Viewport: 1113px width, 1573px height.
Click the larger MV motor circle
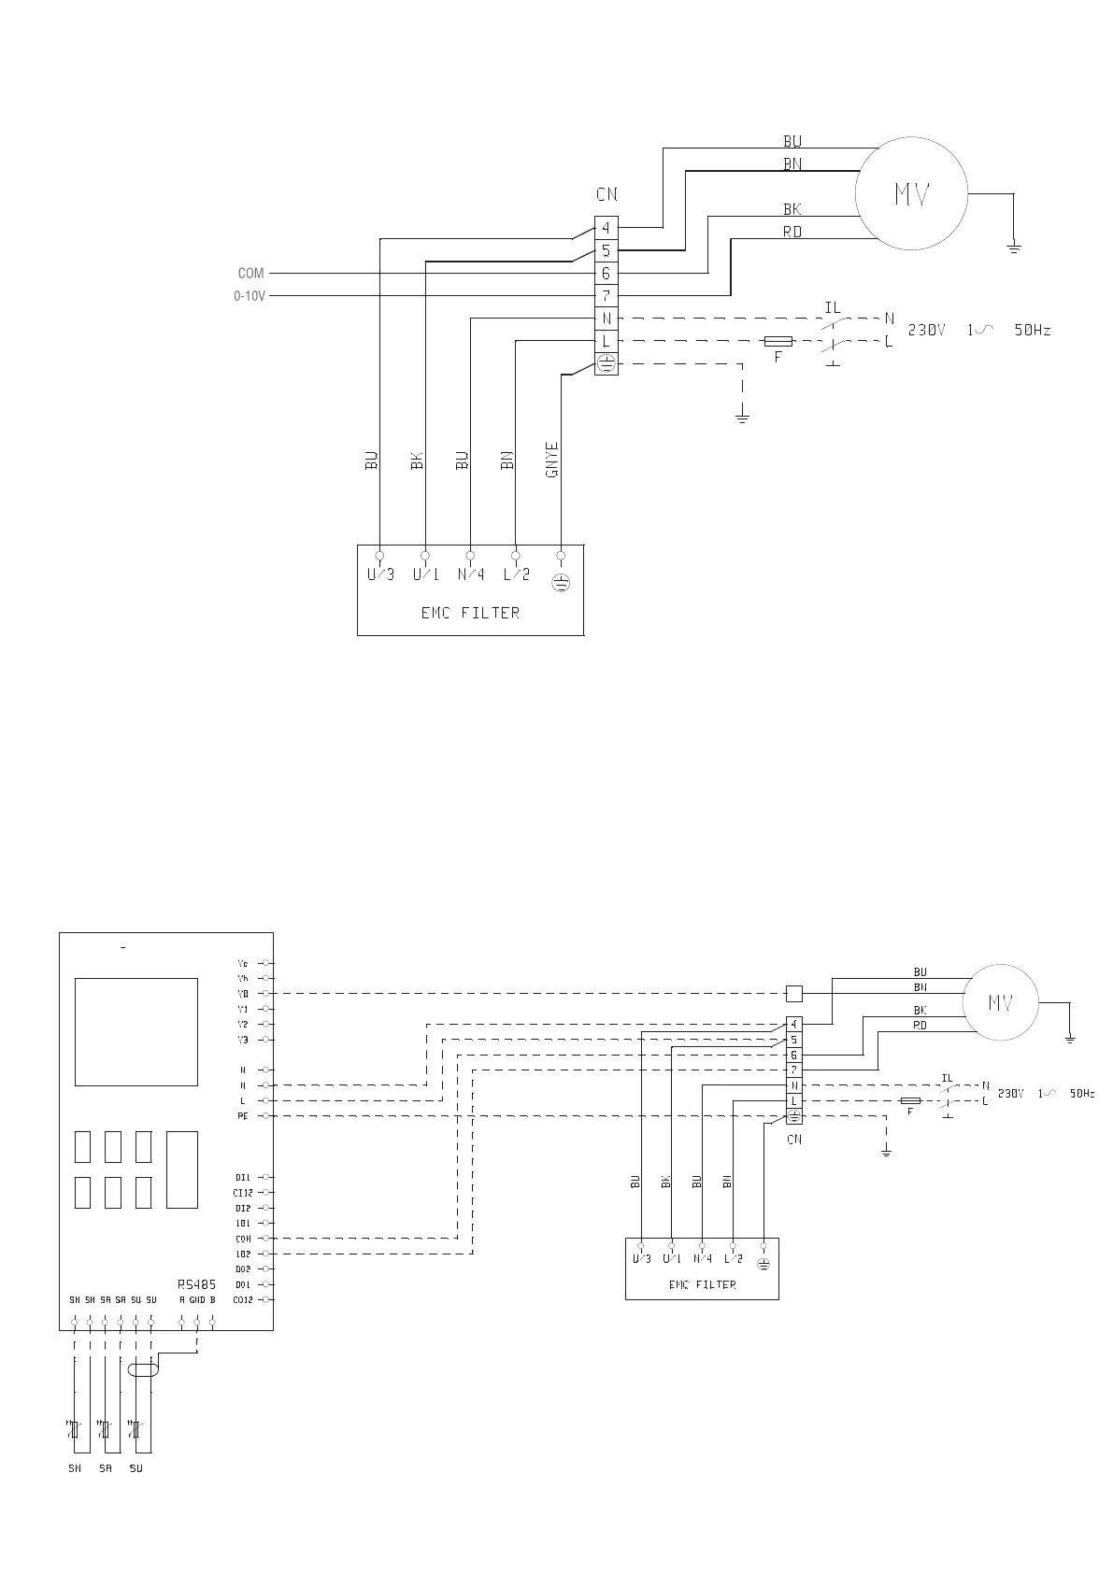point(911,194)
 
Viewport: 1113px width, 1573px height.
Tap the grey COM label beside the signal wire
point(251,274)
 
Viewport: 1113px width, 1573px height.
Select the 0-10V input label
point(250,296)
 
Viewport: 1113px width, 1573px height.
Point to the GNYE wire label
point(553,461)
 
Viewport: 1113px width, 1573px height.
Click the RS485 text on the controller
point(197,1284)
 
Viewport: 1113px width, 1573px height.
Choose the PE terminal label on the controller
point(243,1116)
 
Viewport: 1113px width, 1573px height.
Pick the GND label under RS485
point(197,1300)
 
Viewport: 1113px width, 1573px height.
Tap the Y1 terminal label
point(243,1009)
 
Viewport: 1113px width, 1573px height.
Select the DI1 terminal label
point(243,1178)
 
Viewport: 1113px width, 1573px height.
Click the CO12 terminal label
point(243,1300)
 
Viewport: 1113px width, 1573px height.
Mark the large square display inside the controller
point(136,1032)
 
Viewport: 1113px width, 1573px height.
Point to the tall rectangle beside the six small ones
point(182,1169)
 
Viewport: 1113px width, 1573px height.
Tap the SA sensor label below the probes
point(106,1468)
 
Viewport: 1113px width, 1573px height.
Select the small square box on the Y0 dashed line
point(794,994)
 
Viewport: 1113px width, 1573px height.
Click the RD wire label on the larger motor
point(792,233)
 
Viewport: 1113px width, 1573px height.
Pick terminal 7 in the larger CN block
point(606,296)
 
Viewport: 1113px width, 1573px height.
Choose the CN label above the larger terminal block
point(606,195)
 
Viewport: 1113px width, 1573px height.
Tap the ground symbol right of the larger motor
point(1013,248)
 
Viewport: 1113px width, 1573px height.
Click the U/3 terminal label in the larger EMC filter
point(380,574)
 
